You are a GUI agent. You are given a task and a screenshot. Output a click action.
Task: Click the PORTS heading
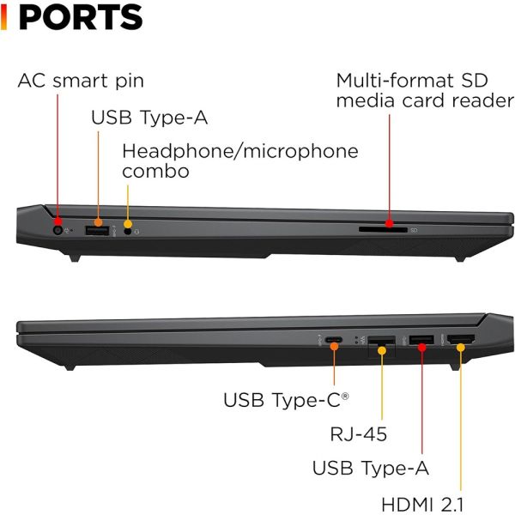pos(81,17)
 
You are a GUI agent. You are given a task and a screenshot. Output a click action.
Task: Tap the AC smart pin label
pos(81,81)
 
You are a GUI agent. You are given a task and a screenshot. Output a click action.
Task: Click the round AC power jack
pos(58,230)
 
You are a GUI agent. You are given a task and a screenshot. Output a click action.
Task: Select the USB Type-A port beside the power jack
pos(97,231)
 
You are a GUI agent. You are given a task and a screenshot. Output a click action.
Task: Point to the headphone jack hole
pos(128,231)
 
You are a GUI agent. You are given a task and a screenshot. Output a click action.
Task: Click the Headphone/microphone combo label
pos(240,161)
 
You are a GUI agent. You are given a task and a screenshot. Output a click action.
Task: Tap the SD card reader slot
pos(383,229)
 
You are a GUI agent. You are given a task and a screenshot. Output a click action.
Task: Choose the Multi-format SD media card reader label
pos(426,90)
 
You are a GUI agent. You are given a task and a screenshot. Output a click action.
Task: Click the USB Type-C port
pos(334,340)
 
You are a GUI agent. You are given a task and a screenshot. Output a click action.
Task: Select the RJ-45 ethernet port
pos(381,346)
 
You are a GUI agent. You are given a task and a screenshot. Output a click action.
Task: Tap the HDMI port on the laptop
pos(461,339)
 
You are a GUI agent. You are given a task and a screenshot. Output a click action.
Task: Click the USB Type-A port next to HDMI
pos(421,340)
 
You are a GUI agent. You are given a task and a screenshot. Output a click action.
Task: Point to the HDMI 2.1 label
pos(422,504)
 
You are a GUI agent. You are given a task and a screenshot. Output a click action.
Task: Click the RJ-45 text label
pos(358,433)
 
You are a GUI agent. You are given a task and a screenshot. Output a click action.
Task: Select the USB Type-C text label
pos(286,400)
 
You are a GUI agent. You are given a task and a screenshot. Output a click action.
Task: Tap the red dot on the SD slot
pos(390,223)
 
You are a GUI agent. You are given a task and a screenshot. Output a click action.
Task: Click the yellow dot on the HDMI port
pos(461,348)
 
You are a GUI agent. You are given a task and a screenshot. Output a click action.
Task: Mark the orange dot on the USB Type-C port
pos(335,347)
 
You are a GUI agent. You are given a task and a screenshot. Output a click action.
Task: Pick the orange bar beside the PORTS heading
pos(3,18)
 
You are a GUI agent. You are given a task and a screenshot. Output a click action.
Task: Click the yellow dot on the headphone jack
pos(128,224)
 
